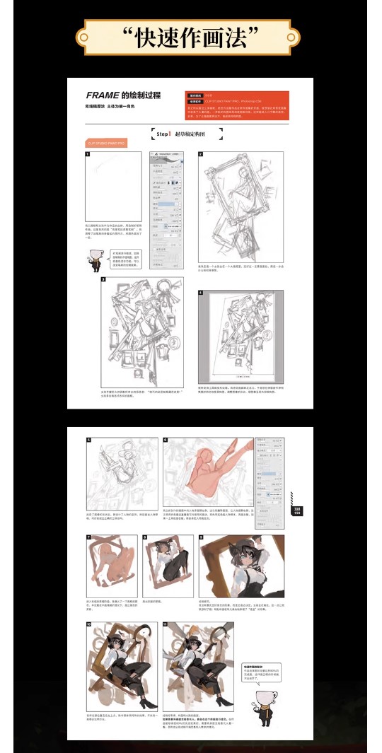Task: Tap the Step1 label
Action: (163, 133)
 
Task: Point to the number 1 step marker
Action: (88, 154)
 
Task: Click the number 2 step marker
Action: (201, 154)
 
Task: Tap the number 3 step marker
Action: (103, 280)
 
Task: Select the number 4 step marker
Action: (201, 292)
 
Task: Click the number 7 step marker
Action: (87, 538)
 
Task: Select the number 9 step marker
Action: (201, 538)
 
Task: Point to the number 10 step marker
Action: (88, 625)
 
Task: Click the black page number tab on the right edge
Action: (296, 511)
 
